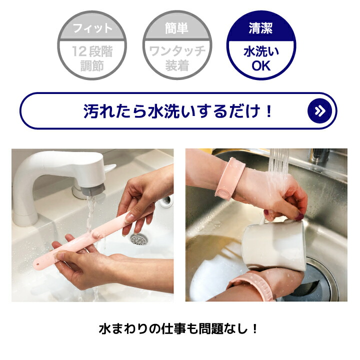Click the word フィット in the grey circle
(x=92, y=28)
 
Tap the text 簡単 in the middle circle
(x=176, y=28)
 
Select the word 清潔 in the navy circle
(x=260, y=28)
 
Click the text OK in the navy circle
(x=261, y=66)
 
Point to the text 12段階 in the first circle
(x=92, y=51)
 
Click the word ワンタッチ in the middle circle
(x=177, y=51)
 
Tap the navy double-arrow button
(x=319, y=110)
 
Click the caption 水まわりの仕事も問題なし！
(x=178, y=329)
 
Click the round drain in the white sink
(x=139, y=239)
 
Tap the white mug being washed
(x=274, y=243)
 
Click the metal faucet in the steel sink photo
(x=319, y=155)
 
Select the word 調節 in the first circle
(x=92, y=65)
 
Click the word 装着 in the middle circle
(x=177, y=65)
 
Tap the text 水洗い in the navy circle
(x=261, y=51)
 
